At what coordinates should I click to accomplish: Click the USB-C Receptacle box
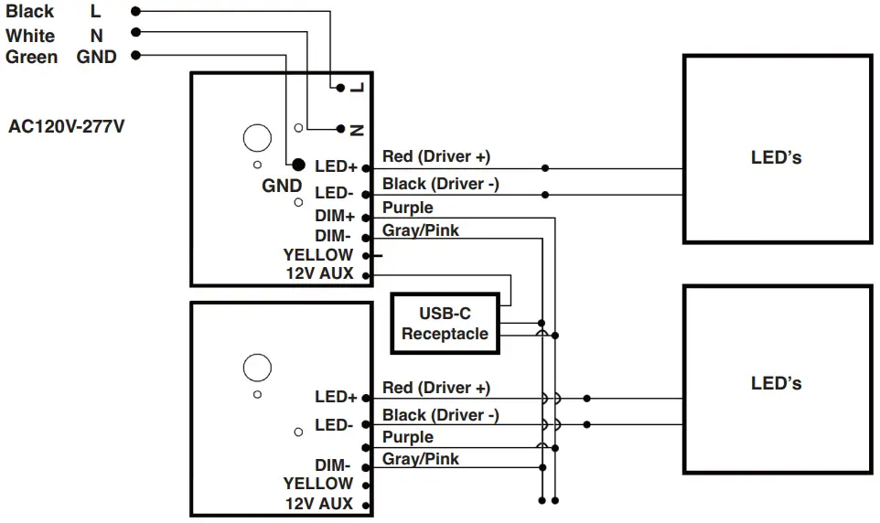coord(445,324)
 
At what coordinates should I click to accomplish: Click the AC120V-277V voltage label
coord(66,127)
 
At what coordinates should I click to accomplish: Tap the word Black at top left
coord(29,12)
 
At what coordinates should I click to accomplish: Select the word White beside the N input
coord(30,36)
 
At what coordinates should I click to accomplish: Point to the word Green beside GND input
coord(31,57)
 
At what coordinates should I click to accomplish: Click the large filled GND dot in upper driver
coord(297,165)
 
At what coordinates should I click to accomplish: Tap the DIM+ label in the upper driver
coord(335,217)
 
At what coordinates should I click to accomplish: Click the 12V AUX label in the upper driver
coord(319,274)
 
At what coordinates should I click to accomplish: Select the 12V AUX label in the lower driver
coord(319,504)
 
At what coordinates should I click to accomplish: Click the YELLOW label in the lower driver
coord(317,484)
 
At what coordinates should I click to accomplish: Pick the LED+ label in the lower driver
coord(336,397)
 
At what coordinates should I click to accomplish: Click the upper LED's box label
coord(776,157)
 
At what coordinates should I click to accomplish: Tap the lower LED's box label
coord(776,383)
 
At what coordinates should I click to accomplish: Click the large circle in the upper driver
coord(257,137)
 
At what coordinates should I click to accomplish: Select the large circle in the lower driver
coord(257,368)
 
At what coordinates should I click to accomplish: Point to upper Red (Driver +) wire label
coord(435,157)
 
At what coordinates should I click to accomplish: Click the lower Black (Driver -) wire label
coord(440,415)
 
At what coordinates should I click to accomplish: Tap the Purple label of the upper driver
coord(407,208)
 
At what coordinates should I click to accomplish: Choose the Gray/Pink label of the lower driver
coord(420,458)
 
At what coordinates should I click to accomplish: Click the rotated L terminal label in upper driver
coord(357,88)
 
